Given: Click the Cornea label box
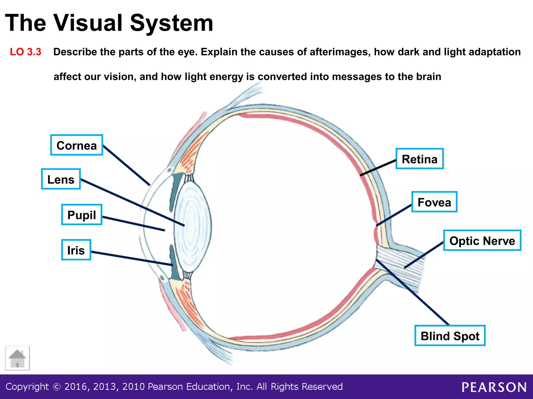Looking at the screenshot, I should click(x=77, y=145).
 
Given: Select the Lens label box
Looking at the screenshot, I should click(x=61, y=179).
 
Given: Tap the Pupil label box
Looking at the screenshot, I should click(x=81, y=215).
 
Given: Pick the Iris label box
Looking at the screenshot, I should click(x=76, y=250).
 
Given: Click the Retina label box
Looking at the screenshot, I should click(x=419, y=159).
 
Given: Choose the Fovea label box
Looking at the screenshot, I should click(x=434, y=202).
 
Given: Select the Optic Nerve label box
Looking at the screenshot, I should click(x=482, y=241).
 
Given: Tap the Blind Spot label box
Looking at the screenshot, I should click(x=450, y=336).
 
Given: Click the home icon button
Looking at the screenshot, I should click(x=17, y=358).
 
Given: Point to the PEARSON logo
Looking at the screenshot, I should click(x=494, y=387).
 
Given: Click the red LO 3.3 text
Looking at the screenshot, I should click(x=26, y=52).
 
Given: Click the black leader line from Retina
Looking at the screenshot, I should click(x=378, y=168).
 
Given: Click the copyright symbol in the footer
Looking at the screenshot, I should click(x=56, y=387).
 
